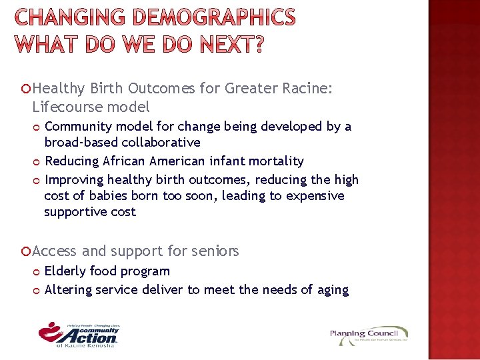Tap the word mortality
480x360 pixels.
(x=275, y=161)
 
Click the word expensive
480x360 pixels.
(x=317, y=196)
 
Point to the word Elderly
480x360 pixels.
(x=65, y=271)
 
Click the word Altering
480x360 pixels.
(x=68, y=289)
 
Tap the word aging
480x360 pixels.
(x=334, y=290)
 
